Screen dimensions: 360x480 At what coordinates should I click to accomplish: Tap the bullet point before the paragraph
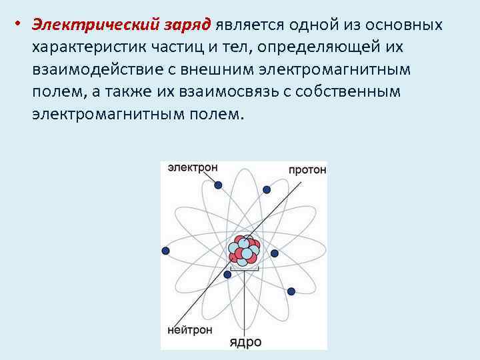[21, 25]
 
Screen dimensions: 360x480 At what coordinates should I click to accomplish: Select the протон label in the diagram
[307, 169]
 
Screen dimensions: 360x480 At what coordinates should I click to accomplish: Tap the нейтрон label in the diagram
[190, 329]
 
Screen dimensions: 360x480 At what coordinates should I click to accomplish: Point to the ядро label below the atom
[245, 343]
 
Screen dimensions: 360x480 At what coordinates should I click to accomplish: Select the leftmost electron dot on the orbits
[165, 251]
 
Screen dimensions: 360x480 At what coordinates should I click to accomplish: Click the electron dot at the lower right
[291, 291]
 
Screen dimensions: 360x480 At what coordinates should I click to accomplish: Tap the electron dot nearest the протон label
[267, 189]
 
